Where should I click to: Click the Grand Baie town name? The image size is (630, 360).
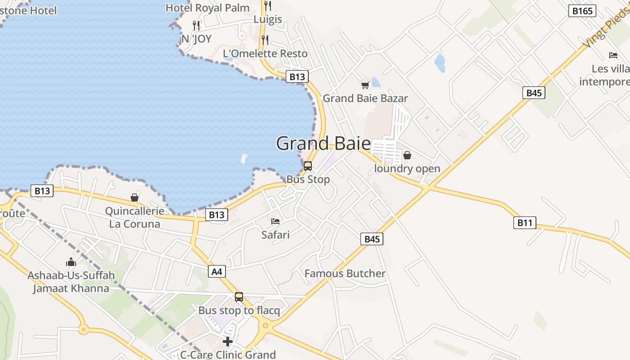tap(323, 144)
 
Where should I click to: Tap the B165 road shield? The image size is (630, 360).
tap(582, 11)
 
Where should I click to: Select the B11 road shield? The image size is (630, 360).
tap(525, 222)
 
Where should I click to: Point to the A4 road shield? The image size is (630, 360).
tap(217, 271)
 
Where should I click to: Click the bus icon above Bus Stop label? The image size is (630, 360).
tap(308, 166)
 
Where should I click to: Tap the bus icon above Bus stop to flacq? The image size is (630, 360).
tap(239, 297)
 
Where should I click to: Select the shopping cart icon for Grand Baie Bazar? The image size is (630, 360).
tap(365, 85)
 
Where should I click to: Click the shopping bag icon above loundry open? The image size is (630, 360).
tap(407, 156)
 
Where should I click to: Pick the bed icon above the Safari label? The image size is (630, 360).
tap(275, 221)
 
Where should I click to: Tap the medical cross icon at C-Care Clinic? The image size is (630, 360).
tap(228, 341)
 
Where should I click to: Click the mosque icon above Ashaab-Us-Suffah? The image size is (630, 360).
tap(71, 262)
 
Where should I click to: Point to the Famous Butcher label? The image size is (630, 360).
tap(345, 274)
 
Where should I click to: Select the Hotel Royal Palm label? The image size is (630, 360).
tap(207, 8)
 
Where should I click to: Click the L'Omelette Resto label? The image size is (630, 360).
tap(265, 54)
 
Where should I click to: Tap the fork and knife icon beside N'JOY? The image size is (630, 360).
tap(196, 25)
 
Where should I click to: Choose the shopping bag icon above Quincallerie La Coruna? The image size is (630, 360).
tap(135, 198)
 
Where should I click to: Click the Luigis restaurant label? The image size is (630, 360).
tap(268, 19)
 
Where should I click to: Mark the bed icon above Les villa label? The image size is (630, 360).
tap(613, 55)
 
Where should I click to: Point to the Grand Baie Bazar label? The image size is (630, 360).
tap(365, 98)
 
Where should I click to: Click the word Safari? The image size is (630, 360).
tap(275, 234)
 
